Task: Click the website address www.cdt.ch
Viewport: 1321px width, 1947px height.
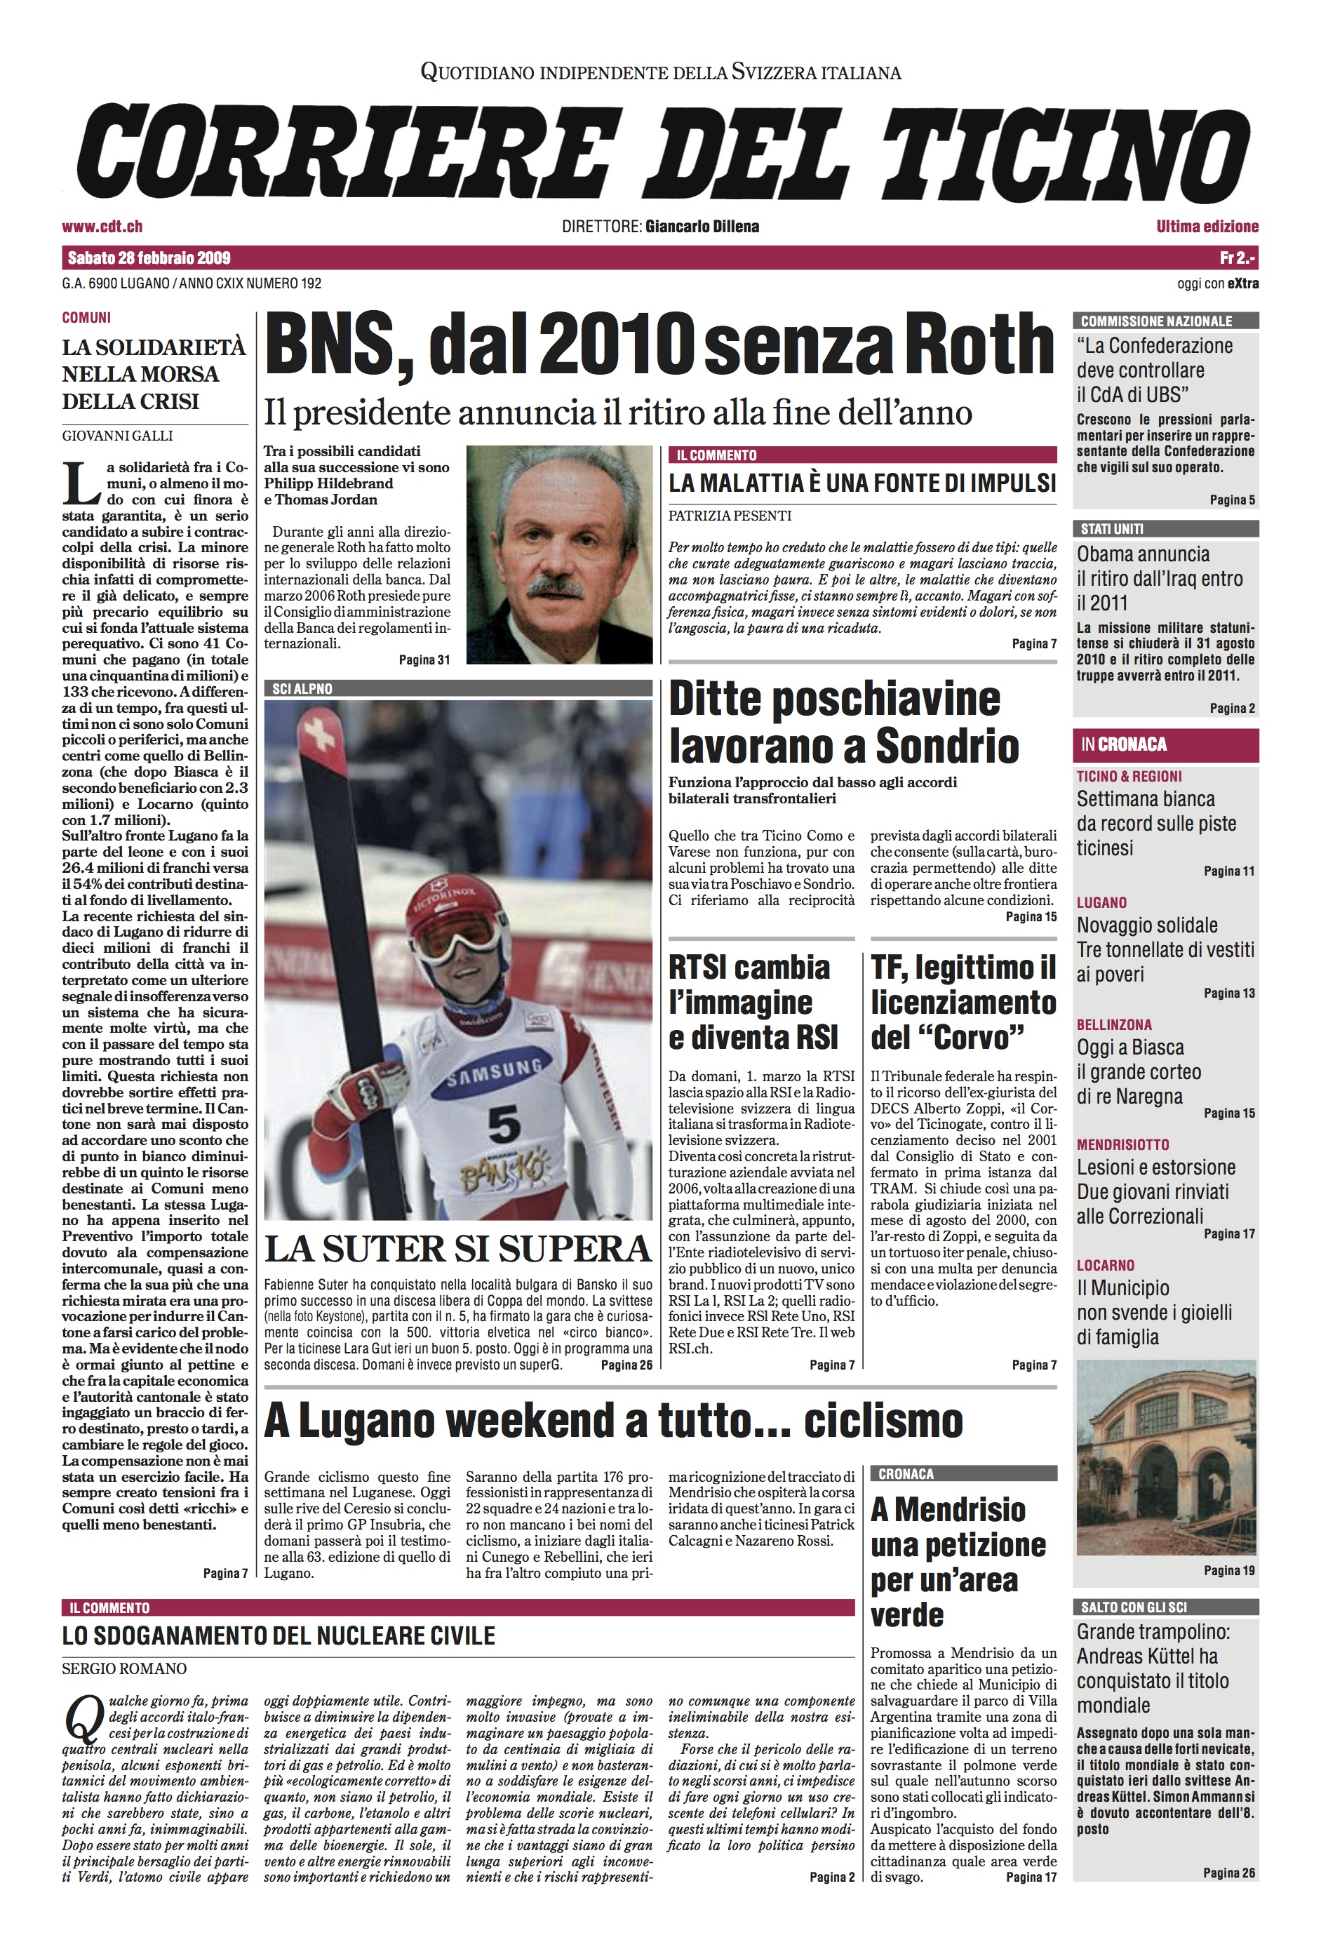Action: [102, 226]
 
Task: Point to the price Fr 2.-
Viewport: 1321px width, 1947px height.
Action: [1239, 257]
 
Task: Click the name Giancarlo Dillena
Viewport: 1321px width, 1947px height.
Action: [702, 226]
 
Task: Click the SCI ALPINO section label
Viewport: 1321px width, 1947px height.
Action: [302, 689]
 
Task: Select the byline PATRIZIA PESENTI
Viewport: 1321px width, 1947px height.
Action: [730, 515]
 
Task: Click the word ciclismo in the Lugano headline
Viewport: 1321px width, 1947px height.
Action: [884, 1420]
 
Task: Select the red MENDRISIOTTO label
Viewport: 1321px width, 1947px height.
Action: [1122, 1144]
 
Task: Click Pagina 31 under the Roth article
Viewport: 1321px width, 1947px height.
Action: [424, 660]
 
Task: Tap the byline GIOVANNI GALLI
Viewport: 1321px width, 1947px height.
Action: [117, 436]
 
